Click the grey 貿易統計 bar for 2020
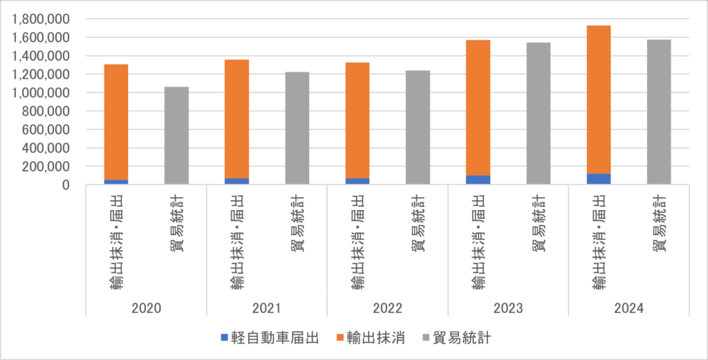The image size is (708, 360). pyautogui.click(x=176, y=135)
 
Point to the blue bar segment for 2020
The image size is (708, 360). pyautogui.click(x=116, y=182)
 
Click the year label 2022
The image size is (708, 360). pyautogui.click(x=387, y=308)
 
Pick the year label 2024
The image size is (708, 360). pyautogui.click(x=628, y=308)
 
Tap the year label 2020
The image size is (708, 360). pyautogui.click(x=146, y=308)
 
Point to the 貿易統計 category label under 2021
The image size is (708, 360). pyautogui.click(x=297, y=225)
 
